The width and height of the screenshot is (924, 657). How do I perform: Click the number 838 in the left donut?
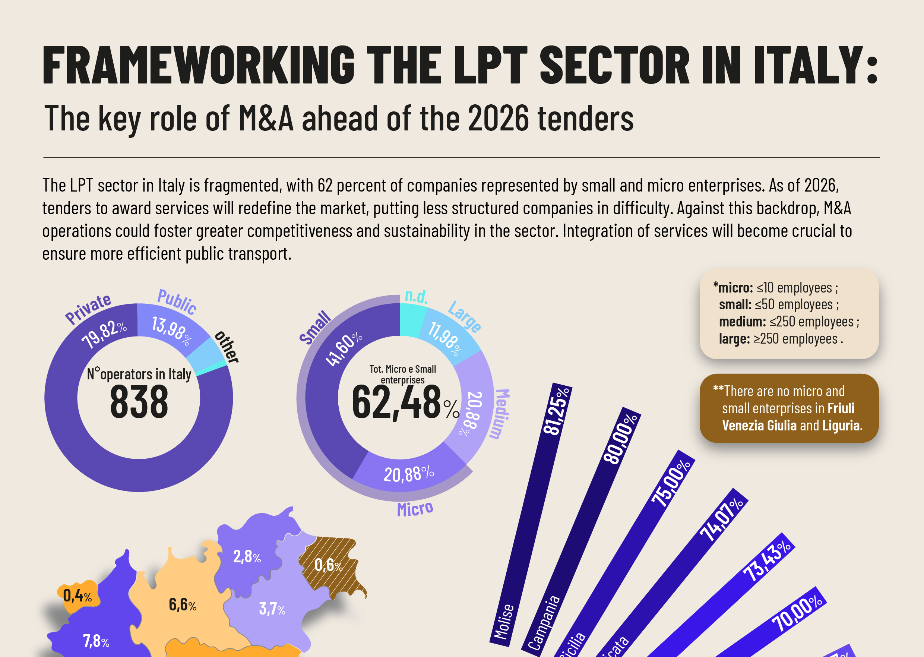click(139, 402)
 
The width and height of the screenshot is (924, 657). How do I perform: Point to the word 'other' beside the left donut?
click(227, 347)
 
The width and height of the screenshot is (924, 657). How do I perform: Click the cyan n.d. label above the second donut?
click(416, 297)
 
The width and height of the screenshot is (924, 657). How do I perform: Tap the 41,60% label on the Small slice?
click(344, 349)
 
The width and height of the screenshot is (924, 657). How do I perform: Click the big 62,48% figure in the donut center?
click(405, 402)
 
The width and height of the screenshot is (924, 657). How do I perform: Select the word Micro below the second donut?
click(415, 509)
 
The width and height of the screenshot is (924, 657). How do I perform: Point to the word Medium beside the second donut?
click(502, 413)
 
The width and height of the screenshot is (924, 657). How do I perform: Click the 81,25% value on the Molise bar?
click(556, 411)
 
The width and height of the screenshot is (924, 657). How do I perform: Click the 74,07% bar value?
click(721, 519)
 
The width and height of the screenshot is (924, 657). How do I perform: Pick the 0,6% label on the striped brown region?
click(328, 565)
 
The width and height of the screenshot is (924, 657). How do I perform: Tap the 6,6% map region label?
click(182, 604)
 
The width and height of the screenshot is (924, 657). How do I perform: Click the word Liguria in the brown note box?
click(843, 425)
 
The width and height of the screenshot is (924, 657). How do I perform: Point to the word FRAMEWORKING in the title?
click(199, 65)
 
